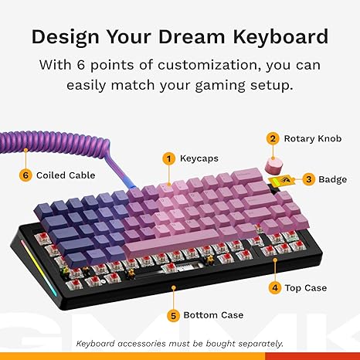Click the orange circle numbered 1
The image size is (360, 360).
[x=168, y=158]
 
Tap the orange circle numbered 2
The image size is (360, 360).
[x=272, y=138]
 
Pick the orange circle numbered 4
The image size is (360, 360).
[x=274, y=287]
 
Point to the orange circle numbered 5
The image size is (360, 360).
[x=175, y=314]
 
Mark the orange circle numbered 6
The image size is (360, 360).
[x=25, y=175]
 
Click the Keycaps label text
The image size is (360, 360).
[x=199, y=158]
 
